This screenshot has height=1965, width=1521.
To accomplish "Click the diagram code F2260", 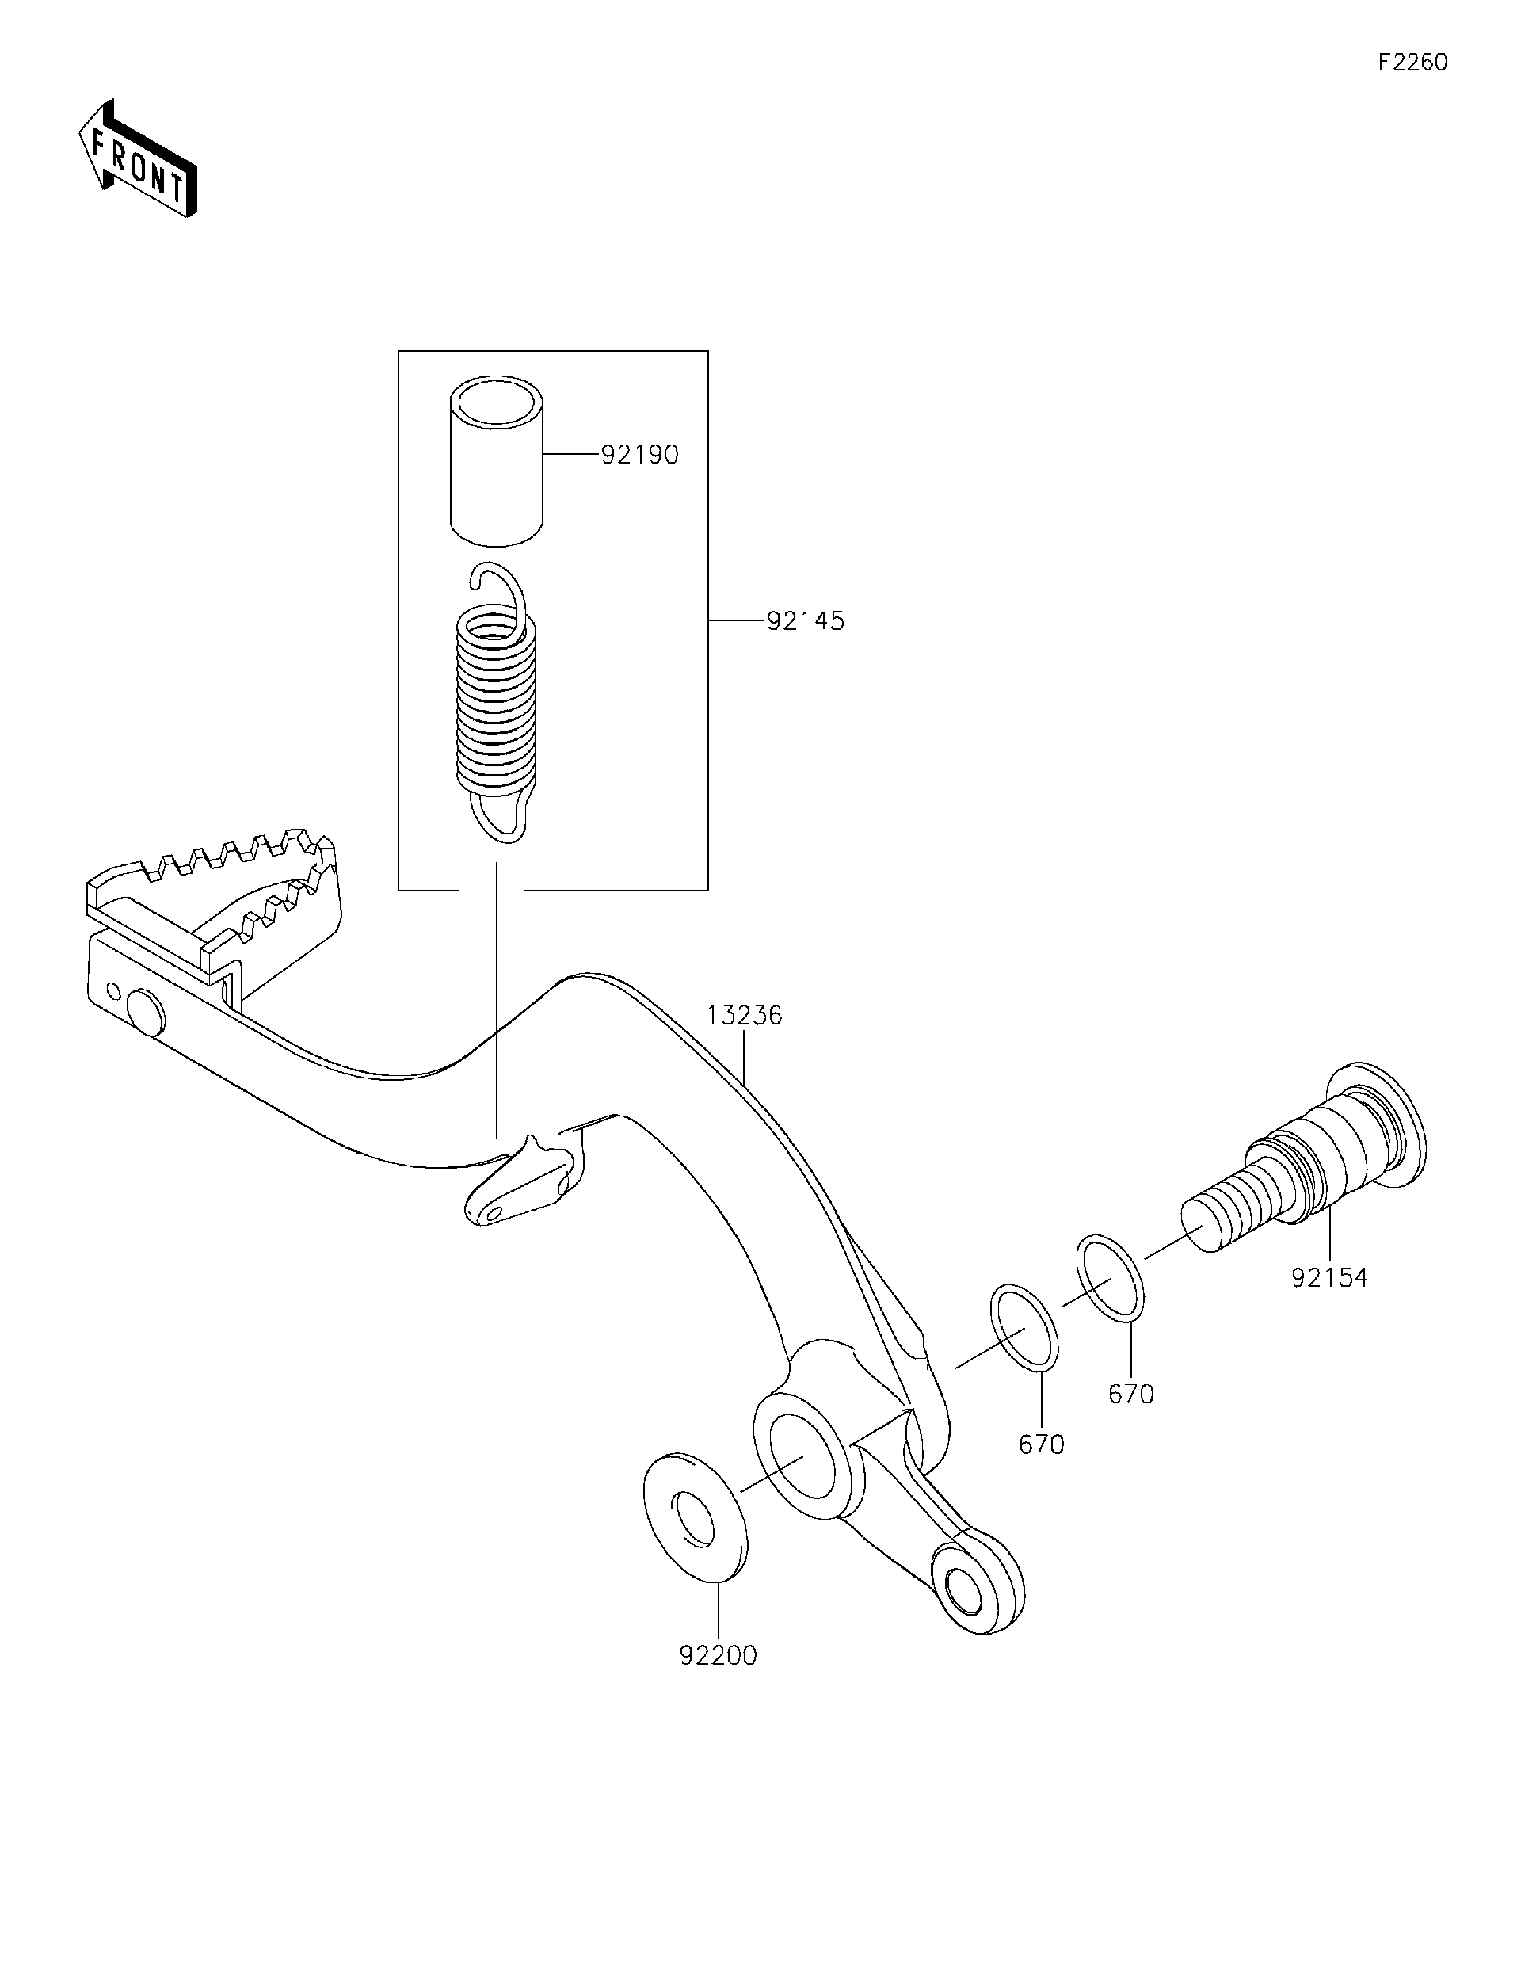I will [x=1412, y=62].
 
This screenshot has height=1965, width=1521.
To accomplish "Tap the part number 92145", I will [x=805, y=622].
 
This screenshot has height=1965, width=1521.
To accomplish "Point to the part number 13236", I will [x=744, y=1016].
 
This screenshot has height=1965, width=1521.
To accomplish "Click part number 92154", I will [x=1328, y=1277].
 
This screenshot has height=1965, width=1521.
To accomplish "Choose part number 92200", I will [x=718, y=1655].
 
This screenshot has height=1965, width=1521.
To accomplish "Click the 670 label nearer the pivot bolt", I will [x=1130, y=1395].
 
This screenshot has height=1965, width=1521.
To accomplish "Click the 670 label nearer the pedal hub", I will [x=1042, y=1445].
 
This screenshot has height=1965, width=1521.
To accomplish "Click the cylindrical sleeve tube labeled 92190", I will [x=497, y=463].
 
